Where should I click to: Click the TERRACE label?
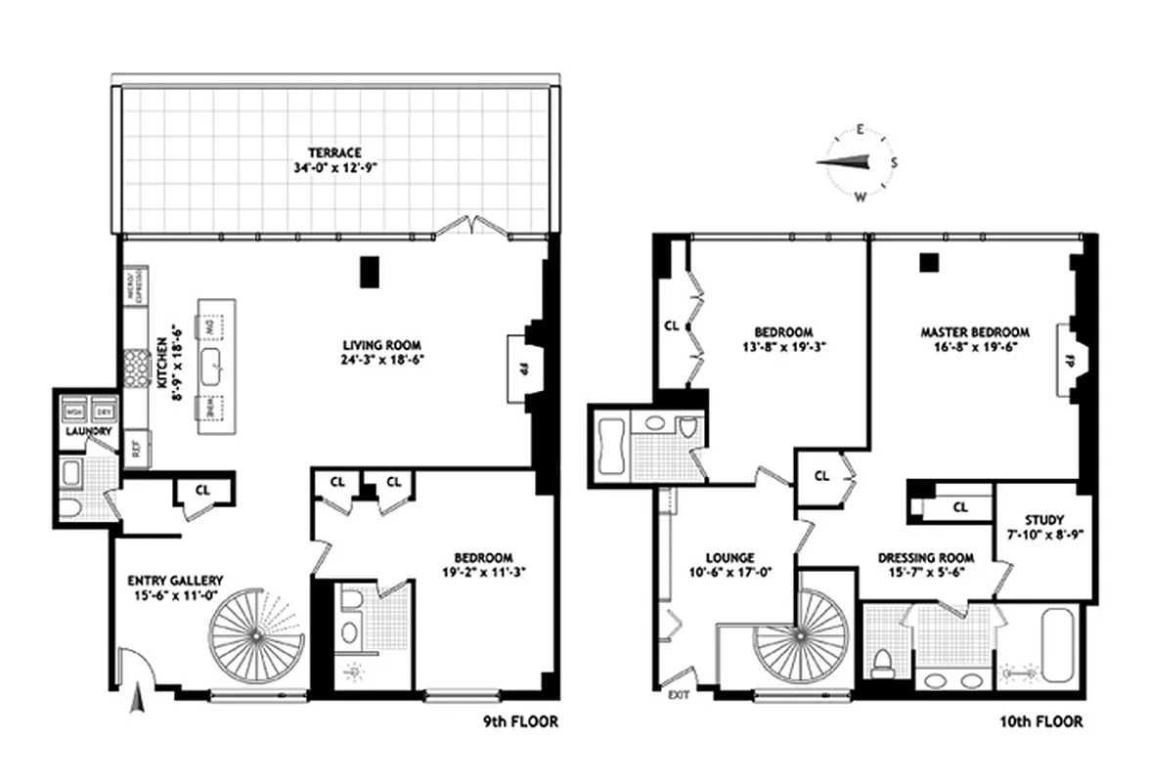pyautogui.click(x=335, y=152)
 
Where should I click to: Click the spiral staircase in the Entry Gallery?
pyautogui.click(x=253, y=634)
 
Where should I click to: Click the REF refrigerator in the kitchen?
pyautogui.click(x=137, y=450)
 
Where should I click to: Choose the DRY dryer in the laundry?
pyautogui.click(x=103, y=409)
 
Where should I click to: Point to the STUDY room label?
pyautogui.click(x=1045, y=520)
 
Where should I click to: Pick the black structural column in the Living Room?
pyautogui.click(x=369, y=271)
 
